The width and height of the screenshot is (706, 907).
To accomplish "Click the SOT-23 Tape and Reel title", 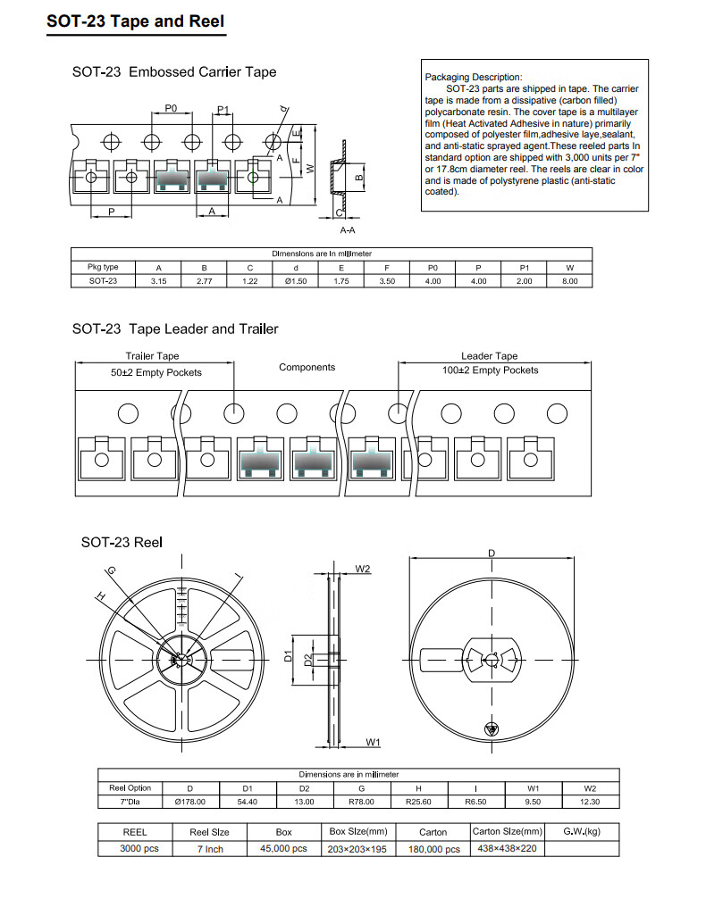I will (x=136, y=21).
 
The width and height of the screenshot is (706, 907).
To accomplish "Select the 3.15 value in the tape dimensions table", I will (x=159, y=280).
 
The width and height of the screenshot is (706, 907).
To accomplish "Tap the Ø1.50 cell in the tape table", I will (x=296, y=280).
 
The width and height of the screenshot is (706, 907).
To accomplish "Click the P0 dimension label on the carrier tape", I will (x=172, y=108).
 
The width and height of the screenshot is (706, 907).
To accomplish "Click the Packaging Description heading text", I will (x=474, y=78).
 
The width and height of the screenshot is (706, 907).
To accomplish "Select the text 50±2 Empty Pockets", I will (x=156, y=371).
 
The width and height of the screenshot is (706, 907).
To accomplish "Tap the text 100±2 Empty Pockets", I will (x=491, y=370).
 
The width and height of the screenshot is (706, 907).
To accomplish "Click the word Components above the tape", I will (x=307, y=367).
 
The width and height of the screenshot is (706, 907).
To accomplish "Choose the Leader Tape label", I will (x=489, y=356).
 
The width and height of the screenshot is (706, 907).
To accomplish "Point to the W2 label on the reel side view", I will (x=363, y=568).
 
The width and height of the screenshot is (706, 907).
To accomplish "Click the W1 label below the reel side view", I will (x=374, y=742).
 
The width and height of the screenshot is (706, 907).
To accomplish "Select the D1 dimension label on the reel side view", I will (x=288, y=656).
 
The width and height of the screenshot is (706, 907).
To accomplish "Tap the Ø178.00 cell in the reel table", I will (x=189, y=802).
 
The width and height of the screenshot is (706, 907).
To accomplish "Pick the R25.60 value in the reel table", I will (x=419, y=802).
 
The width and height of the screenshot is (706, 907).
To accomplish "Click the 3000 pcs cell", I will (x=139, y=848).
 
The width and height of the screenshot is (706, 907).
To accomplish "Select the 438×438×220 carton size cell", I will (x=507, y=848).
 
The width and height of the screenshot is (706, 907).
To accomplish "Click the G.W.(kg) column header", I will (x=581, y=832).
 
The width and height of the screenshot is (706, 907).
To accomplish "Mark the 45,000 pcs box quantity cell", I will (x=284, y=848).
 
